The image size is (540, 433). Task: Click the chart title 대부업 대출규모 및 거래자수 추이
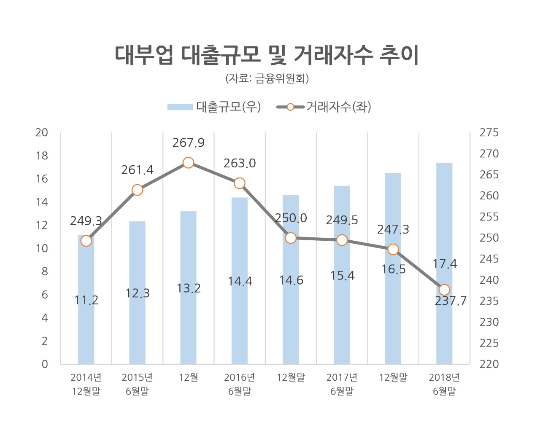[x=267, y=55]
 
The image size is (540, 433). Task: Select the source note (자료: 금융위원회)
[x=267, y=78]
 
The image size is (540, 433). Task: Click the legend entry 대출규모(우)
[x=214, y=107]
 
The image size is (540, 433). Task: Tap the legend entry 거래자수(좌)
[x=324, y=107]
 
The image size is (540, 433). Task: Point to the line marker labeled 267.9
[x=188, y=163]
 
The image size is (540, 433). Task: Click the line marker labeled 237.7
[x=444, y=290]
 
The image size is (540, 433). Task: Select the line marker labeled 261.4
[x=137, y=190]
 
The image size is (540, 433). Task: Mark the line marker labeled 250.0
[x=291, y=238]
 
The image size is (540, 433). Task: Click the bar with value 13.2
[x=188, y=288]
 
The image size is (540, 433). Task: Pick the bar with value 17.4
[x=444, y=264]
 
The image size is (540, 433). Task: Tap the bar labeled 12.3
[x=137, y=293]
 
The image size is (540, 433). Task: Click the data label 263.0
[x=240, y=163]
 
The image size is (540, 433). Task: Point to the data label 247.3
[x=393, y=229]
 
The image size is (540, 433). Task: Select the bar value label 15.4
[x=342, y=275]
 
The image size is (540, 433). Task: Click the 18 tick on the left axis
[x=42, y=156]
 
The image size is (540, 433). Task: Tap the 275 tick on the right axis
[x=489, y=132]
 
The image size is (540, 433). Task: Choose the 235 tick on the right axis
[x=489, y=301]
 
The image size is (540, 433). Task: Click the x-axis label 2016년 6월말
[x=240, y=384]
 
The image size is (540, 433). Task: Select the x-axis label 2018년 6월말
[x=444, y=384]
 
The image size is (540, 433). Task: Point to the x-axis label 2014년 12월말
[x=86, y=384]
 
